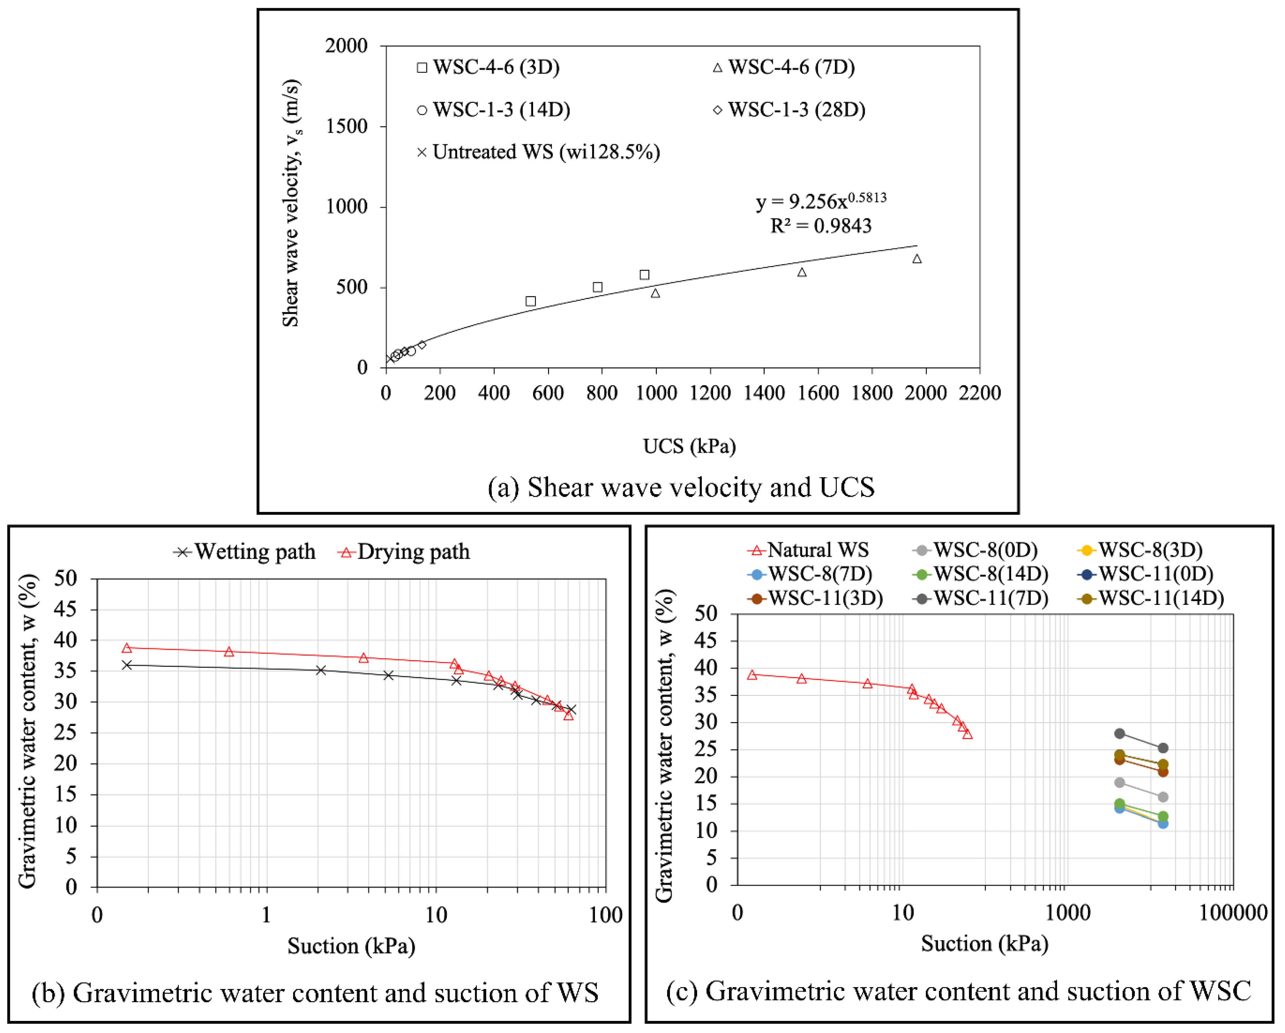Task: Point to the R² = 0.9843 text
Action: tap(821, 226)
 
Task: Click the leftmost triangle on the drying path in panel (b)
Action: tap(126, 648)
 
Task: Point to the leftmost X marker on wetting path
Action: tap(126, 665)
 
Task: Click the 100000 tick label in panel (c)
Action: tap(1233, 912)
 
